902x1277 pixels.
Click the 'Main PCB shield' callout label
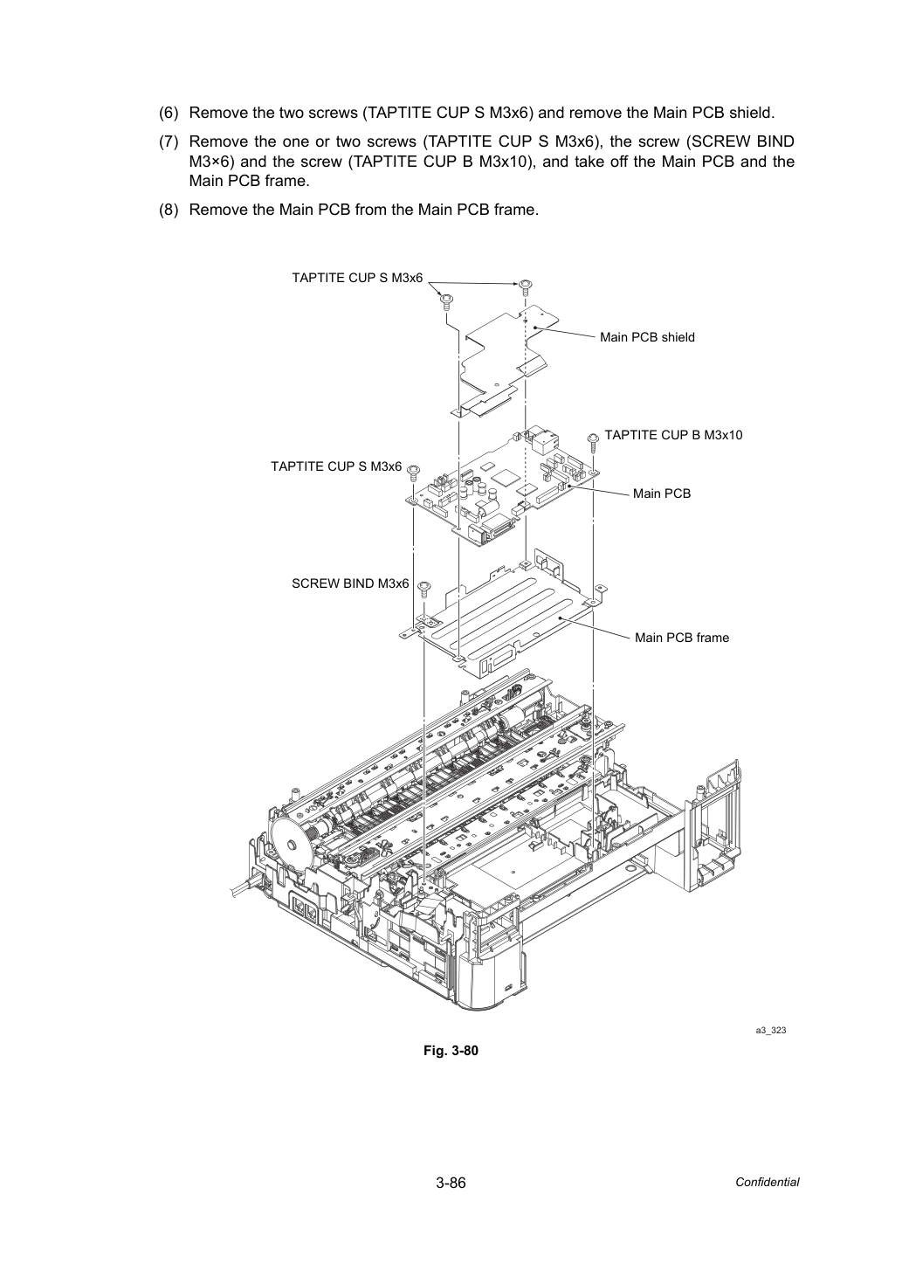tap(647, 337)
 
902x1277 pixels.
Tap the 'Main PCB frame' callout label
tap(681, 638)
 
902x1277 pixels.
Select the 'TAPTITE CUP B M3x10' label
tap(673, 435)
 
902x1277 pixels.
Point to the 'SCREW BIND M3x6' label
tap(350, 583)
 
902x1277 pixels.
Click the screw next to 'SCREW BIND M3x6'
tap(424, 589)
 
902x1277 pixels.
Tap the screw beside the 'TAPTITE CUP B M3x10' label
tap(593, 441)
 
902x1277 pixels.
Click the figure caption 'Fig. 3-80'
tap(451, 1051)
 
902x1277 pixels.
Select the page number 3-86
tap(451, 1183)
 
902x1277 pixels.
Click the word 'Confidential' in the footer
tap(767, 1183)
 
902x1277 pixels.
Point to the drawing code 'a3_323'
tap(770, 1030)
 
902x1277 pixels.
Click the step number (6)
tap(169, 113)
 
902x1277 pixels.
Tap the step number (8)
tap(169, 210)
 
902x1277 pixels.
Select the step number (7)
tap(169, 142)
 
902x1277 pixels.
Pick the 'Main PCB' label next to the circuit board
tap(662, 494)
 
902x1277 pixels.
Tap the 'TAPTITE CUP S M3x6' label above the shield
tap(357, 278)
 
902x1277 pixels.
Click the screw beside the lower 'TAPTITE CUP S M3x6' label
tap(414, 472)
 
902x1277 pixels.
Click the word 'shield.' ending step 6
tap(752, 113)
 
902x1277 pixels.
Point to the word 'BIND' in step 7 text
tap(775, 142)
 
